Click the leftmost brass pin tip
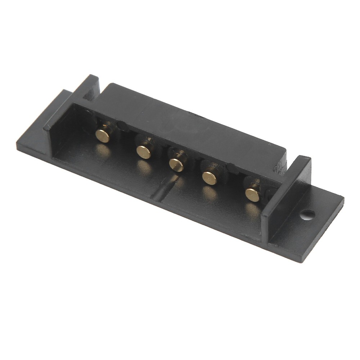coord(103,135)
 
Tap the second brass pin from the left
coord(144,152)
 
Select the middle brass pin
coord(176,165)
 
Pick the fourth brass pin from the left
coord(209,178)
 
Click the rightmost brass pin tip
coord(252,195)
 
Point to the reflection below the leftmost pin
coord(103,151)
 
